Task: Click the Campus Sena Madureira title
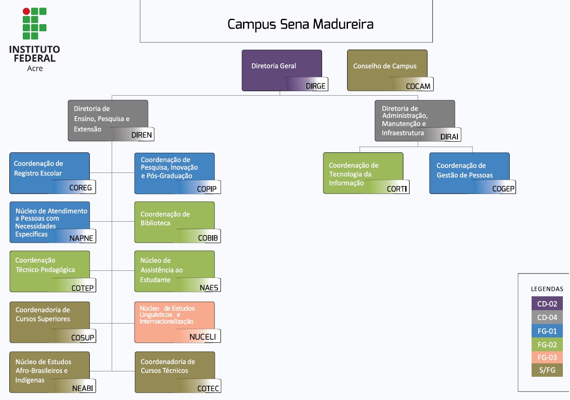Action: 300,24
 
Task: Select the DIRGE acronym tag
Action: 316,86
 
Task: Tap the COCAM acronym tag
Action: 418,86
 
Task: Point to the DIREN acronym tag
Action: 142,135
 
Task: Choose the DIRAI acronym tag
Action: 449,137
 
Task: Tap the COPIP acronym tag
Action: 207,189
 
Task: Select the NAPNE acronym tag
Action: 81,238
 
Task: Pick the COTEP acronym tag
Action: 83,288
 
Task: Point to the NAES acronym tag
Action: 209,287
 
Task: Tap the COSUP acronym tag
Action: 83,337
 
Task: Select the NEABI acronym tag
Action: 83,388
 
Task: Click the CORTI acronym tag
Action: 397,189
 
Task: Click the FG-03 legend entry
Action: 547,358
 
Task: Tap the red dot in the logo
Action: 26,11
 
